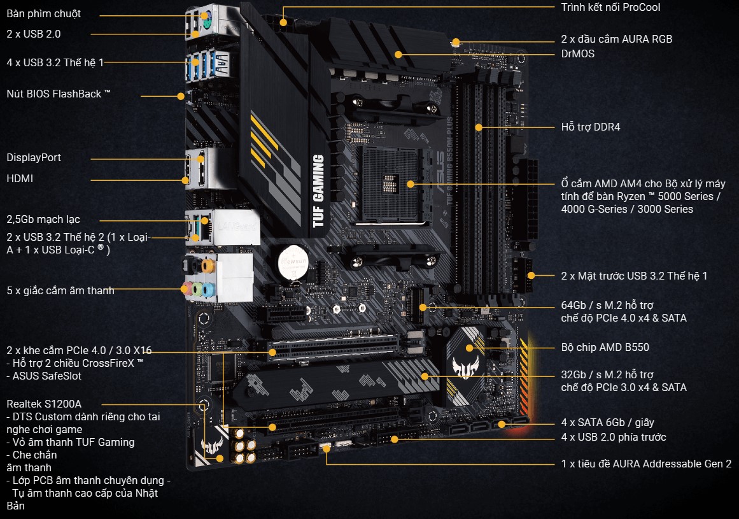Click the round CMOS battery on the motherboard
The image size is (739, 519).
[293, 262]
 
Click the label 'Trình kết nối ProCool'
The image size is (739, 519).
[610, 8]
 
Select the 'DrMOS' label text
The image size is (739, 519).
[577, 53]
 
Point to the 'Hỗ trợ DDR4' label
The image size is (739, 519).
[590, 127]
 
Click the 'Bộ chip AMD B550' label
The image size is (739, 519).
[605, 348]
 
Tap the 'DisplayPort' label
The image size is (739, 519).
[34, 157]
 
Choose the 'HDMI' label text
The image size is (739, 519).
[20, 179]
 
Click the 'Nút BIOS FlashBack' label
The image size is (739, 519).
[59, 94]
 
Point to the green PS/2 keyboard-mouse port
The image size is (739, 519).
[204, 15]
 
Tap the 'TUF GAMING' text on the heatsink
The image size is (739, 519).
[319, 190]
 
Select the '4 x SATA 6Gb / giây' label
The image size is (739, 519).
[607, 422]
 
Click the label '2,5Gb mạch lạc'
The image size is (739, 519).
[43, 219]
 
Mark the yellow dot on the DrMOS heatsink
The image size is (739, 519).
[398, 54]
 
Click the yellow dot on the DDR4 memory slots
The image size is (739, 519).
[479, 127]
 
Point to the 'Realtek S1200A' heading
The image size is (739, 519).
[44, 404]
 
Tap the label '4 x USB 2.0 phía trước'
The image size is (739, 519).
[614, 437]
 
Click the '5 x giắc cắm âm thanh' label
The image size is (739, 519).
[60, 290]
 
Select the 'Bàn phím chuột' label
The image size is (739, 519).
[44, 13]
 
